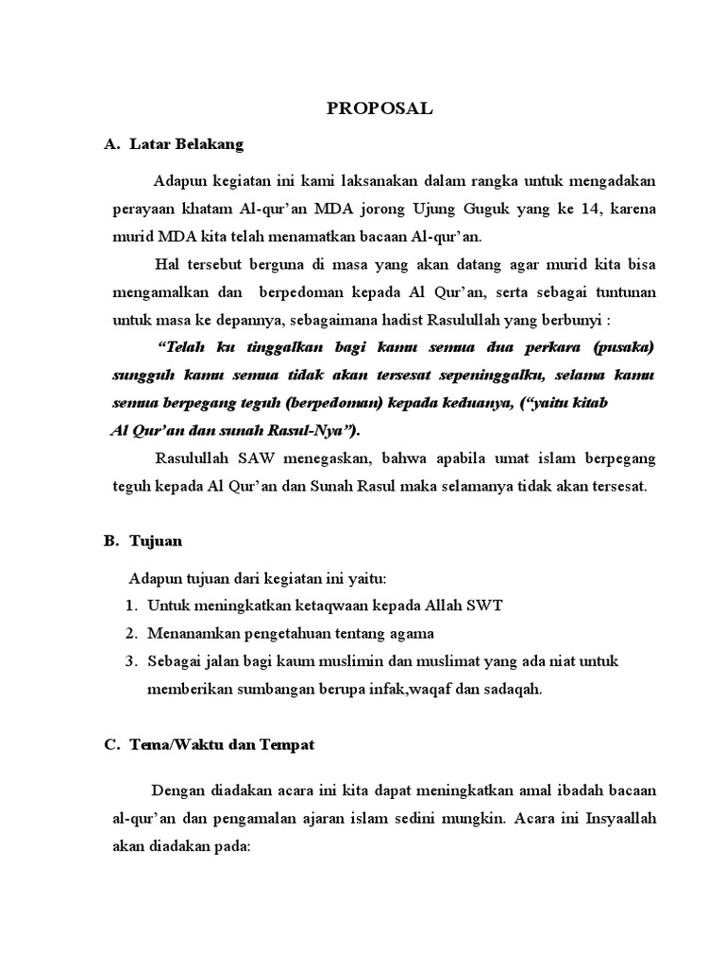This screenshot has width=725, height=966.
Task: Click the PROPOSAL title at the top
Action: pyautogui.click(x=379, y=108)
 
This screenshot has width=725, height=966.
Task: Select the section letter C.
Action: pyautogui.click(x=110, y=744)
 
